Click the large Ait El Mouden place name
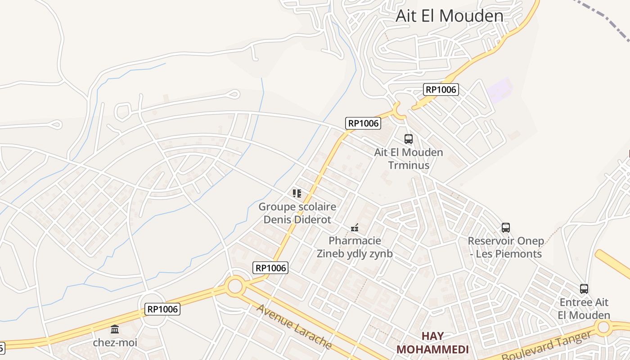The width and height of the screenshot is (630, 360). pos(450,16)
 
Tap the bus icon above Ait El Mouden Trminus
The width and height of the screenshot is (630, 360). pos(409,139)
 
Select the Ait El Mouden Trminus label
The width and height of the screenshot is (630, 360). pos(409,158)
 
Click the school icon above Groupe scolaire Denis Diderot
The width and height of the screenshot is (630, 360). pos(297,193)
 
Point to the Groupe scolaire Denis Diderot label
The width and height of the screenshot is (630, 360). pos(297,213)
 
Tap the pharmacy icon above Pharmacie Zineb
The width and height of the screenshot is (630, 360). pos(355,228)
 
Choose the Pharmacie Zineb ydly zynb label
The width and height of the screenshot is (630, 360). pos(355,247)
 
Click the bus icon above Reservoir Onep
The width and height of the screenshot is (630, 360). pos(506,228)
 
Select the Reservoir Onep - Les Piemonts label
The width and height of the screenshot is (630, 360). pos(506,247)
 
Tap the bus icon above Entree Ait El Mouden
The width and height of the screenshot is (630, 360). pos(584,289)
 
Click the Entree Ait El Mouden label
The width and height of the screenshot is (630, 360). pos(584,308)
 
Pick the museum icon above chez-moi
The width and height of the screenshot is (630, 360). pos(115,329)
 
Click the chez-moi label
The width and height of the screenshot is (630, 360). pos(115,342)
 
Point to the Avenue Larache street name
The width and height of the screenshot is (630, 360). pos(294,327)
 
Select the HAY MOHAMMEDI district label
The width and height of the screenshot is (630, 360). pos(432,343)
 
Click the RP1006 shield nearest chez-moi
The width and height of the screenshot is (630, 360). pos(163,309)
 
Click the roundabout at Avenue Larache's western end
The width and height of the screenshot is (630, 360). pos(235,286)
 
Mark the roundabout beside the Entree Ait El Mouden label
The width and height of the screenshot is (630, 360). pos(603,327)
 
